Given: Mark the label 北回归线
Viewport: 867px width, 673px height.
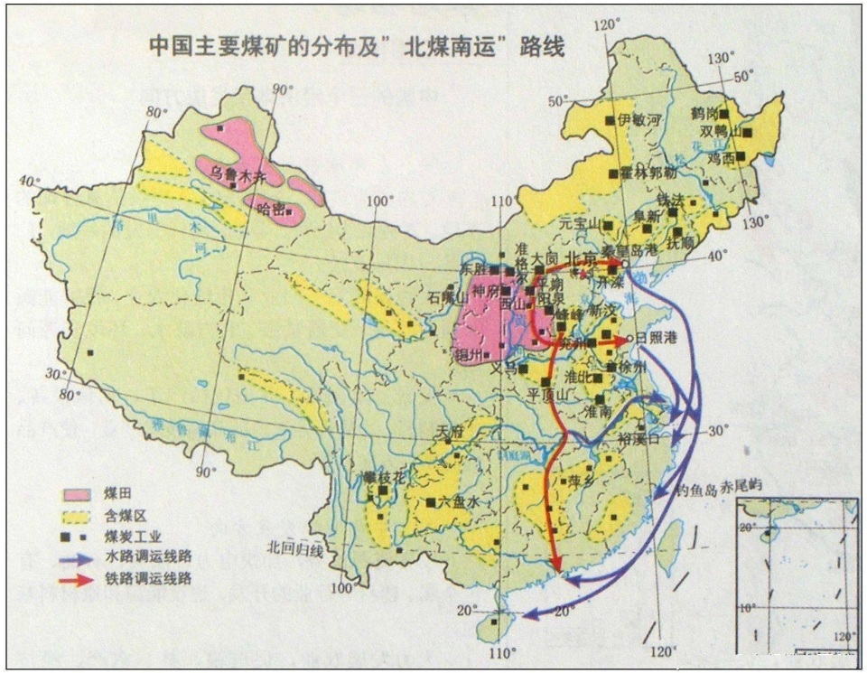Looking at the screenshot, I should pos(294,547).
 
